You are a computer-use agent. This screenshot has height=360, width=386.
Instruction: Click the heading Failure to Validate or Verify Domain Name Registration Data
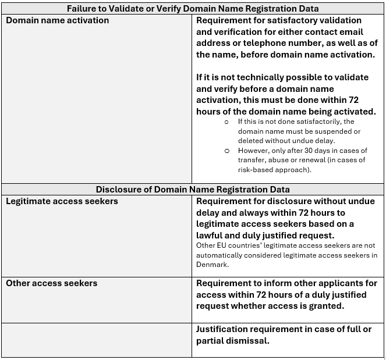click(192, 9)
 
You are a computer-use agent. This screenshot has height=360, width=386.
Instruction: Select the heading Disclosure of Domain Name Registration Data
click(192, 190)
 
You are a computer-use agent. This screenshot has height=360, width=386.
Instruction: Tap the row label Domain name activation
click(58, 20)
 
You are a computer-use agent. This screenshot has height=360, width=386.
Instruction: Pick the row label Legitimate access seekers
click(62, 201)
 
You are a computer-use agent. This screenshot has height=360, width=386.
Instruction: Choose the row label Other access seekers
click(52, 283)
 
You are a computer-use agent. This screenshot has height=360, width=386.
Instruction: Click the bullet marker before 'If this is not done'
click(226, 123)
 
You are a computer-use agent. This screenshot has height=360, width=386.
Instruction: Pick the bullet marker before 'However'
click(226, 151)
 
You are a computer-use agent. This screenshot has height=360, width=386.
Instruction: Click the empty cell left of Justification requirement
click(96, 340)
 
